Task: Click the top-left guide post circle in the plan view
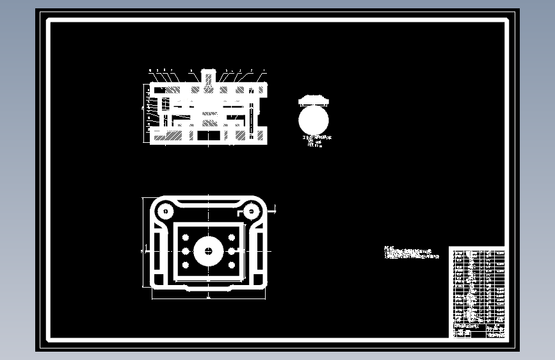(166, 209)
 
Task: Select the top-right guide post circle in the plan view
(250, 209)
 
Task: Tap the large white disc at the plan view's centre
(209, 251)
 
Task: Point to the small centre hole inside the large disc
(209, 252)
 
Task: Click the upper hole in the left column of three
(186, 238)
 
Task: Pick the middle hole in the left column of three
(186, 251)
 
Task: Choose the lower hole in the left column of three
(186, 265)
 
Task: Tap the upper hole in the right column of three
(232, 238)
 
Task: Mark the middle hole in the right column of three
(232, 251)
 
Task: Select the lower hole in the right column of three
(232, 265)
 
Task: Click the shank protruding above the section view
(208, 75)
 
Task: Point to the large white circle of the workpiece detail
(313, 119)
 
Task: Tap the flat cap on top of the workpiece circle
(313, 99)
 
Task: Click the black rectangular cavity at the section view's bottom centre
(209, 136)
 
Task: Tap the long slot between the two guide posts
(208, 203)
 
